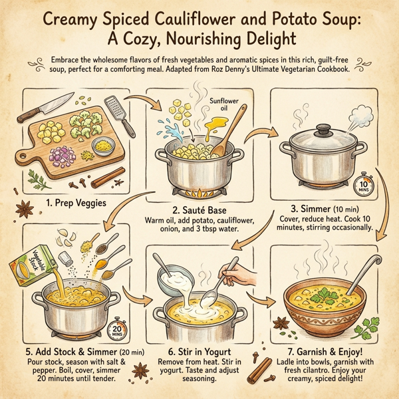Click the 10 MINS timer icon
365,185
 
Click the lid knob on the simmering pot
323,127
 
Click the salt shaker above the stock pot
66,257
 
